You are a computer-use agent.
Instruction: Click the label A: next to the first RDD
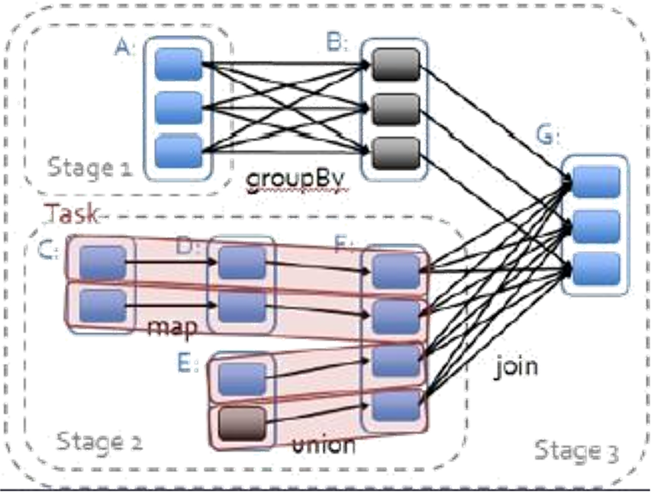tap(125, 47)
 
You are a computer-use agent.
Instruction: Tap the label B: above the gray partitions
tap(337, 42)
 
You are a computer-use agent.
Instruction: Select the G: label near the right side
tap(548, 135)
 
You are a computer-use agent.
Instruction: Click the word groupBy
tap(295, 179)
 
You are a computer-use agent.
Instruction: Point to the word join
tap(516, 366)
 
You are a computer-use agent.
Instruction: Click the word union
tap(324, 445)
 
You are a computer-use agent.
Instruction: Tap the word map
tap(172, 328)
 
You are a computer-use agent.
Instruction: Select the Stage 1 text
tap(90, 168)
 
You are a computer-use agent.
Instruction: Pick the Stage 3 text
tap(576, 451)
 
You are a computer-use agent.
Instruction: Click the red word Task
tap(72, 214)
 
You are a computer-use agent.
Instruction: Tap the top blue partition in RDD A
tap(179, 64)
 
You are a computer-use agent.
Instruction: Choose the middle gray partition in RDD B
tap(396, 109)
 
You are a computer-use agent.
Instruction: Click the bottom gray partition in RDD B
tap(396, 153)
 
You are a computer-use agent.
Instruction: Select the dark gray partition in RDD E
tap(242, 423)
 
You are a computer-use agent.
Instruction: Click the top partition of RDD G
tap(597, 182)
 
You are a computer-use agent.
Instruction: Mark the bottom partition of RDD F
tap(397, 406)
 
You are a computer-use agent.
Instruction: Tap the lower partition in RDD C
tap(102, 306)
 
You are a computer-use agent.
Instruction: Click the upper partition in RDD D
tap(242, 262)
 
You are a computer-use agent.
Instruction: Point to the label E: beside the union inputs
tap(188, 363)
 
